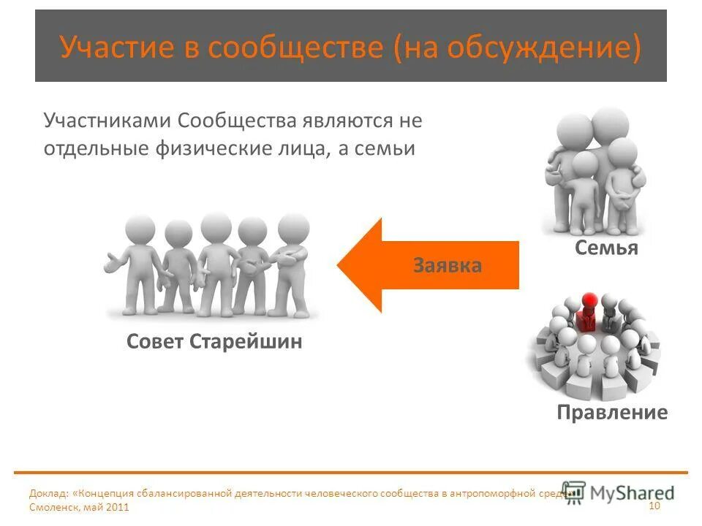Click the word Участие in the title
click(x=118, y=47)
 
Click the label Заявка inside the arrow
click(x=447, y=264)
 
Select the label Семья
click(x=606, y=248)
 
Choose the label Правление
click(x=612, y=413)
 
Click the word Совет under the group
click(x=155, y=342)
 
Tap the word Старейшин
click(x=246, y=342)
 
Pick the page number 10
click(x=654, y=506)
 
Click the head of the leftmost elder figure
click(x=140, y=231)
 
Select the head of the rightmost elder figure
click(x=293, y=228)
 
